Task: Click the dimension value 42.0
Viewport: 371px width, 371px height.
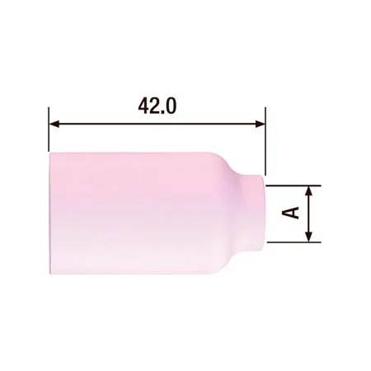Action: coord(157,106)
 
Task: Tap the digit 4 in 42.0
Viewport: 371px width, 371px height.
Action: coord(143,106)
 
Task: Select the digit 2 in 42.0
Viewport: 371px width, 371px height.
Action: coord(155,106)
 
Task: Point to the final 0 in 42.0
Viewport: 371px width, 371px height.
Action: coord(171,106)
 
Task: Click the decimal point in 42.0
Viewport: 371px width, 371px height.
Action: coord(162,112)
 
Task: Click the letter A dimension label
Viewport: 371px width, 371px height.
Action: coord(291,213)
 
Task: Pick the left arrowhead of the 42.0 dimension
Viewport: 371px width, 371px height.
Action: coord(54,124)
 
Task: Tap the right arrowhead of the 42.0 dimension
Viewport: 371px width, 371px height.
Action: coord(261,124)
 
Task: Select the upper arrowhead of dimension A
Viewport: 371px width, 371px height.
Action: coord(309,190)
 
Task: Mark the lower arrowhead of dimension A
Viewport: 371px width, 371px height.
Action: coord(309,237)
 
